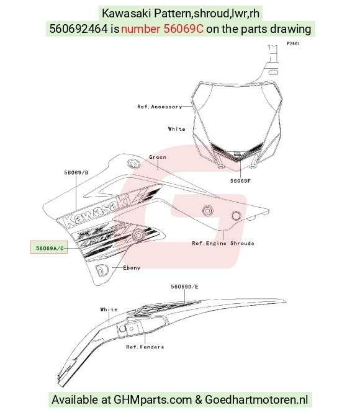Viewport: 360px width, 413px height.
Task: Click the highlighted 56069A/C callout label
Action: pos(49,247)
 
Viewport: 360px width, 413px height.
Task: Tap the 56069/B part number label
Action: pos(76,172)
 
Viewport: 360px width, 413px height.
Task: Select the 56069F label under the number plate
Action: pos(240,180)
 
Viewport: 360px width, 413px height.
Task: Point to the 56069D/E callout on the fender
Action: pos(184,286)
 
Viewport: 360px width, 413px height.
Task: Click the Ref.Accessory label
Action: pos(160,107)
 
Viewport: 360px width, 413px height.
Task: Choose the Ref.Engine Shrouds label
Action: pos(223,243)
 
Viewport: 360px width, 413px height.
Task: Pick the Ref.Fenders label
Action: pos(145,347)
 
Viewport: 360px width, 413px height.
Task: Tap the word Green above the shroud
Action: pos(158,157)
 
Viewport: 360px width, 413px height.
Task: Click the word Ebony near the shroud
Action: pos(132,268)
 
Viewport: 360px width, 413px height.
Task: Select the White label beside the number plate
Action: pos(176,129)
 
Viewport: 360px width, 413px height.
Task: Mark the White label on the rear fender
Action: pos(109,309)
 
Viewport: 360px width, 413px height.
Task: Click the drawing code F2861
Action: pos(294,43)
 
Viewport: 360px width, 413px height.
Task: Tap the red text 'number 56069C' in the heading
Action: pos(162,29)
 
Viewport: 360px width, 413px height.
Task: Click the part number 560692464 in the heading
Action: pos(79,29)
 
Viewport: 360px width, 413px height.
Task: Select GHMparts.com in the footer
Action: pos(153,399)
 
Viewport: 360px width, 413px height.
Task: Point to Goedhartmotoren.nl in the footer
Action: pos(256,399)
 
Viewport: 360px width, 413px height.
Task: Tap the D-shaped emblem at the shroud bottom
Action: pos(102,270)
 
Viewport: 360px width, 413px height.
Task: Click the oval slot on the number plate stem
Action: pos(273,72)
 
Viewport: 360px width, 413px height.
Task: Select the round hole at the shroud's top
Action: pos(133,164)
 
